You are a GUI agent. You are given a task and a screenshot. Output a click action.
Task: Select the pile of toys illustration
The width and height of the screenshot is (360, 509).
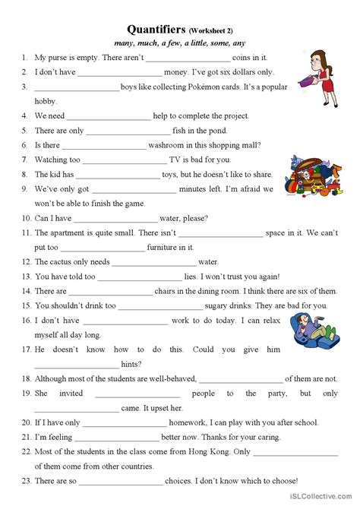pos(308,175)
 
